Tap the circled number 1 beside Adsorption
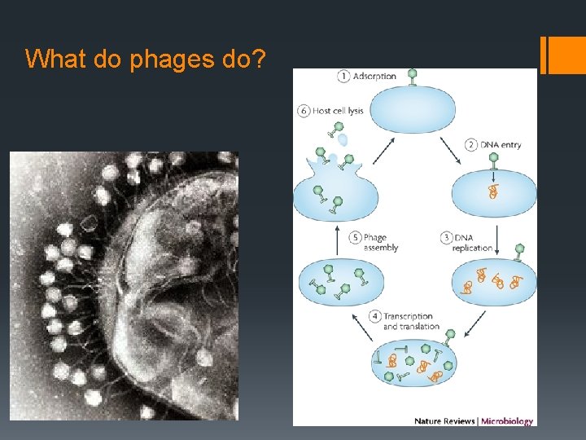tap(344, 76)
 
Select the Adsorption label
tap(375, 77)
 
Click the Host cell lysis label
tap(338, 110)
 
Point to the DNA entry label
tap(499, 144)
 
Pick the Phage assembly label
tap(380, 243)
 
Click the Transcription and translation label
tap(411, 321)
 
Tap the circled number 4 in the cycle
tap(374, 315)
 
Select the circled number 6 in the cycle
tap(304, 110)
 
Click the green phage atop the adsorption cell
tap(412, 76)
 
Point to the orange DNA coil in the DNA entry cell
tap(492, 191)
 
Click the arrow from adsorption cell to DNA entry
tap(450, 149)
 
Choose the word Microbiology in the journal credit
tap(506, 421)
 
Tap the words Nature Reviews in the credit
tap(445, 421)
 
